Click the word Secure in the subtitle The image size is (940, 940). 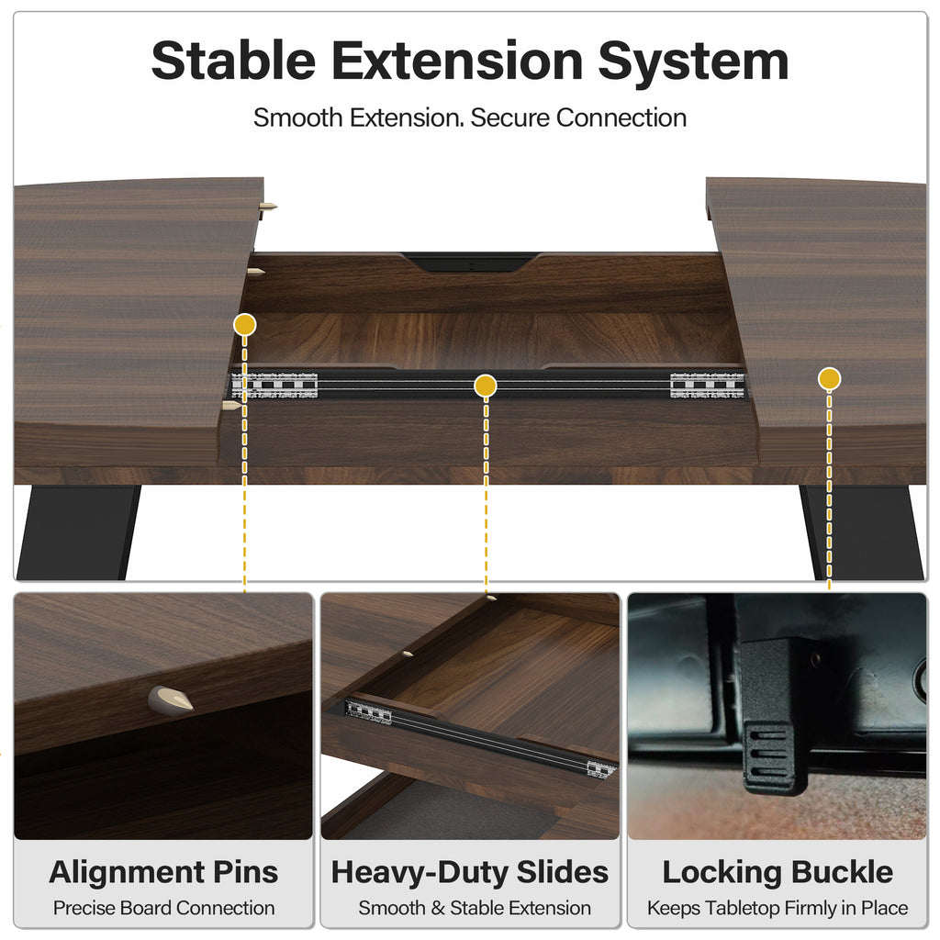(510, 117)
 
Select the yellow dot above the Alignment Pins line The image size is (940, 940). (244, 325)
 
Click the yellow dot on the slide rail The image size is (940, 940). (485, 386)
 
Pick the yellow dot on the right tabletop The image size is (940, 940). (829, 379)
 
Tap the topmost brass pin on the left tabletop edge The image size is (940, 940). (267, 207)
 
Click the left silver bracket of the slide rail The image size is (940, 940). (274, 386)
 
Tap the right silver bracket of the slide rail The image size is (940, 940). (708, 386)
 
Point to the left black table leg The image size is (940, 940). (79, 532)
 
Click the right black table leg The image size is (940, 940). (862, 532)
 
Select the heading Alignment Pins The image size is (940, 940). (163, 872)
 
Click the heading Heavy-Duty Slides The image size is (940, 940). (470, 872)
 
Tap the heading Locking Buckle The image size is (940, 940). (778, 872)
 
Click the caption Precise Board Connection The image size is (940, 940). (163, 908)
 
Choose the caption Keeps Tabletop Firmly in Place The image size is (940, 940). (778, 908)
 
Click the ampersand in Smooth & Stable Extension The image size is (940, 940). (438, 908)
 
